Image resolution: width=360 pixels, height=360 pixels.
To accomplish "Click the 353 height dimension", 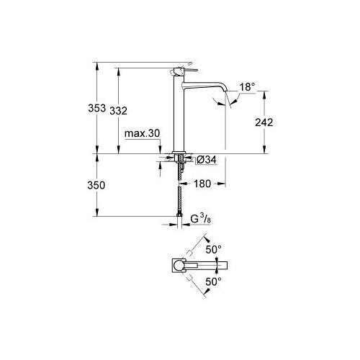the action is [96, 108].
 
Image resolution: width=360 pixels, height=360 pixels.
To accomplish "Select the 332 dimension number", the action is [118, 111].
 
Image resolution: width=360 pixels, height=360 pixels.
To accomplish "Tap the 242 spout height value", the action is [264, 122].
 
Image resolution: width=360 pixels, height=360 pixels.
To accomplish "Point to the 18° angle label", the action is [247, 86].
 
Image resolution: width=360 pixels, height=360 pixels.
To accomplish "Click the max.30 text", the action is [142, 133].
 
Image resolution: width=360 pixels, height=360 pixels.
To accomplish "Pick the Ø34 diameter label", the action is [207, 160].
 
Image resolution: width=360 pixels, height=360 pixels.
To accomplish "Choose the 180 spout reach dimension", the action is [202, 184].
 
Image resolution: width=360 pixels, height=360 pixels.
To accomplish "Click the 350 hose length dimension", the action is [96, 185].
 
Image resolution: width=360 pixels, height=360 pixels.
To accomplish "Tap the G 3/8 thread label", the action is [201, 219].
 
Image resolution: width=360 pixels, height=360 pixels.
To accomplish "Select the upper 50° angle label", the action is [214, 250].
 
